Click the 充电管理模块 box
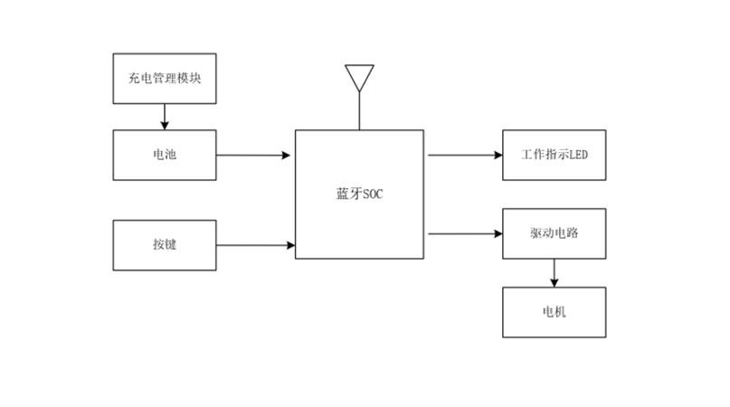pos(165,78)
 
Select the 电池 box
pos(165,155)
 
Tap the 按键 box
pos(165,244)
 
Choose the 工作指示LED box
pos(554,155)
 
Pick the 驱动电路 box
pos(554,233)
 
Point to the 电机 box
pos(554,312)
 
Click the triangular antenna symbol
pos(359,76)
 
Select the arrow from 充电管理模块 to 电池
pos(165,116)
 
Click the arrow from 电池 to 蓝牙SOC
pos(253,155)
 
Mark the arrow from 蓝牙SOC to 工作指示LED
pos(464,155)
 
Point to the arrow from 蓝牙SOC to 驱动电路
pos(464,233)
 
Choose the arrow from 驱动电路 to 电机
pos(554,272)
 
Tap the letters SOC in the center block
pos(373,194)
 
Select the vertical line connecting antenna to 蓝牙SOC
pos(359,110)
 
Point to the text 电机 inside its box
pos(554,312)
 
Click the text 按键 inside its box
pos(165,244)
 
